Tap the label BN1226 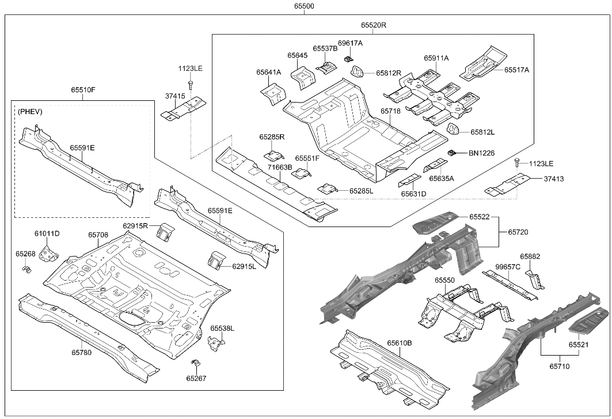coord(481,153)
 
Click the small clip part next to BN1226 coord(453,153)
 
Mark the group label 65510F coord(83,90)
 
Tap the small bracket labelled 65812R coord(358,72)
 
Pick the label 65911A coord(436,58)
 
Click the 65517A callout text coord(516,70)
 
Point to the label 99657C coord(508,267)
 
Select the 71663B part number coord(280,167)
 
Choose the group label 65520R coord(374,25)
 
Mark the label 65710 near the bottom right coord(559,365)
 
